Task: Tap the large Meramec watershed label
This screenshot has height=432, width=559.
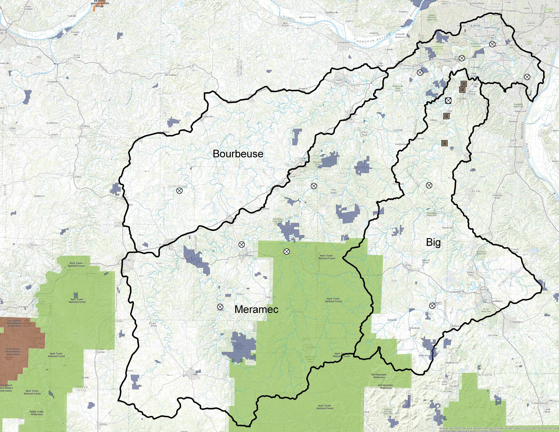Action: tap(256, 310)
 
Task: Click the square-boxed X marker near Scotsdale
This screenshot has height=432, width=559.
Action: tap(448, 100)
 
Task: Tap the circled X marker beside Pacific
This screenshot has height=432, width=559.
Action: tap(420, 72)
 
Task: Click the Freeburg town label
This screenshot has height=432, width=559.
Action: tap(85, 126)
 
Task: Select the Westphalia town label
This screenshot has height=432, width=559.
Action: tap(52, 82)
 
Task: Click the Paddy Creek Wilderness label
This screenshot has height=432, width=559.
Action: tap(37, 413)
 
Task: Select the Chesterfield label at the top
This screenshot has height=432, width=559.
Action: tap(476, 3)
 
